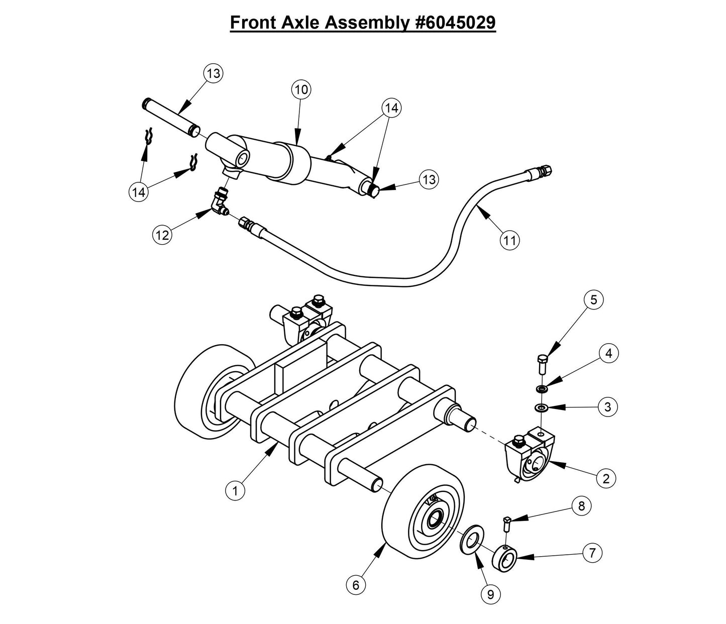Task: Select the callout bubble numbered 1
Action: [x=235, y=490]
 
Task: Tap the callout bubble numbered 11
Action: [x=509, y=241]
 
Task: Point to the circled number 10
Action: [x=301, y=90]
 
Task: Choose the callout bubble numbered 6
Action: [x=356, y=585]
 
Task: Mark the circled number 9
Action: [x=490, y=595]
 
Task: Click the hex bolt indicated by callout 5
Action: [x=542, y=363]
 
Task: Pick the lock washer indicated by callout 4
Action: [x=541, y=388]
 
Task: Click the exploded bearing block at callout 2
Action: [x=529, y=455]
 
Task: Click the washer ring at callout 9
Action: [x=471, y=541]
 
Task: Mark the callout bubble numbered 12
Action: [x=163, y=234]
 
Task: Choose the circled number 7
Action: [x=592, y=553]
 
